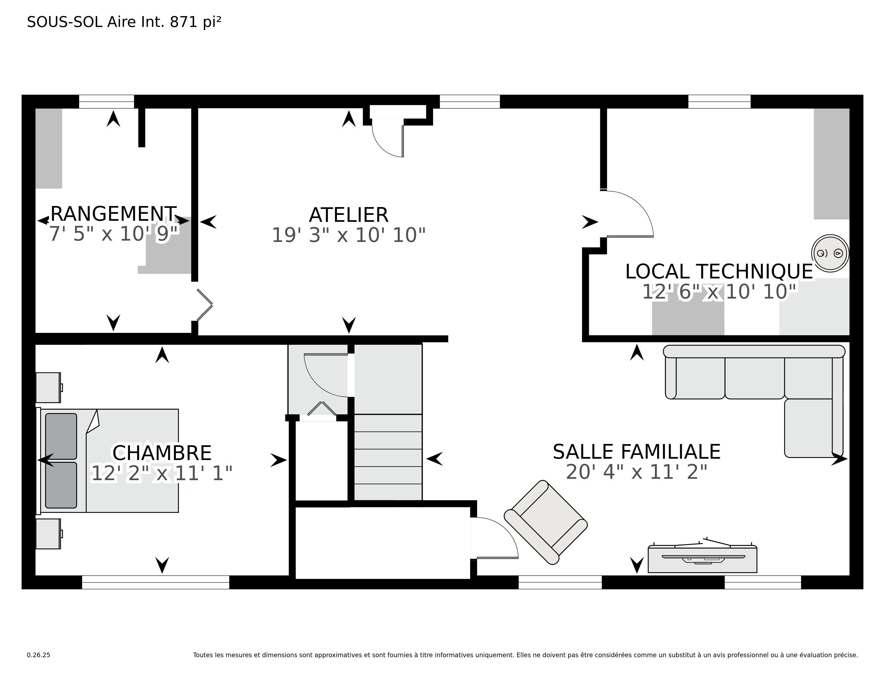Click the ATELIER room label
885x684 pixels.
tap(348, 215)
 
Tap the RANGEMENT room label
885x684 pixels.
tap(113, 214)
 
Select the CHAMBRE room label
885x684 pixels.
tap(162, 453)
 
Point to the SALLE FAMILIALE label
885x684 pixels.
tap(637, 452)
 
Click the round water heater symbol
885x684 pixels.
tap(830, 253)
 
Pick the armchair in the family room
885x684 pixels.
tap(545, 522)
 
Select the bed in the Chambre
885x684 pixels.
tap(107, 461)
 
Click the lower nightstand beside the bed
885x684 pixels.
tap(49, 534)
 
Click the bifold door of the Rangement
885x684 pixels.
tap(205, 305)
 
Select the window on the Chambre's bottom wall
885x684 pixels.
tap(156, 582)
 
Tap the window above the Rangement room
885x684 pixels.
tap(106, 101)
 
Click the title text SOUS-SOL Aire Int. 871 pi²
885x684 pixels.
tap(124, 22)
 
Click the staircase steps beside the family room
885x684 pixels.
tap(388, 457)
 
